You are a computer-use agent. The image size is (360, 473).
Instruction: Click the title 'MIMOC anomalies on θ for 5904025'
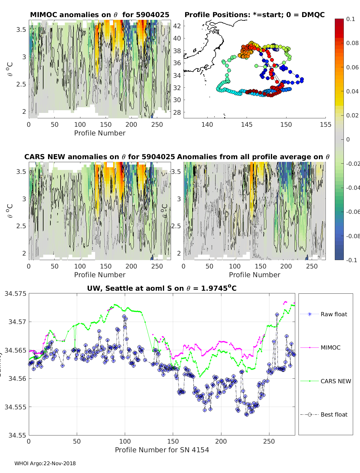100,15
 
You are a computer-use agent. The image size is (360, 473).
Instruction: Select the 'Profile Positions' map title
254,15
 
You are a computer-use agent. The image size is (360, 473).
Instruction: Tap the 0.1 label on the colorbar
350,19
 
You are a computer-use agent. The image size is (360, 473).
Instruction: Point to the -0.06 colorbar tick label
352,212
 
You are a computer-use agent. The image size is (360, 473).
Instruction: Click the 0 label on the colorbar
348,139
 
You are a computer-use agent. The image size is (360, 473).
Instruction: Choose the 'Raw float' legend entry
334,314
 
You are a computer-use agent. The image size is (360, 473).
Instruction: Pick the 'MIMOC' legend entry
330,347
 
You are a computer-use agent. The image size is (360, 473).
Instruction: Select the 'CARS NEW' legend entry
335,381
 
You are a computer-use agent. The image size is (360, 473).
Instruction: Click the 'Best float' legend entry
334,414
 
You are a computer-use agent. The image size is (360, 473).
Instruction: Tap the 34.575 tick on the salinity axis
15,293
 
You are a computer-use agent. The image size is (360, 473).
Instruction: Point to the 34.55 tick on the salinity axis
17,435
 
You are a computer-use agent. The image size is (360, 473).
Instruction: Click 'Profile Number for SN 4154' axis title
162,450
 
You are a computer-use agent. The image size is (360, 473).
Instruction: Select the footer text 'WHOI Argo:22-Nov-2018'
45,463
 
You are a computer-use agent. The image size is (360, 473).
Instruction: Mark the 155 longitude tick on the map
326,124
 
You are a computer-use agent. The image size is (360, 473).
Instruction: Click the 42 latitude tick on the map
177,26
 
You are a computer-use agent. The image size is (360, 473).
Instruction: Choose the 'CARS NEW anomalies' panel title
100,157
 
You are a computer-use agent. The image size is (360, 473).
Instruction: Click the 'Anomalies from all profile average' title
253,157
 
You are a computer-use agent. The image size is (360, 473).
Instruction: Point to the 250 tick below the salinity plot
269,441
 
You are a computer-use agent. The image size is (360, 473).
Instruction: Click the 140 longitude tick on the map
207,124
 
